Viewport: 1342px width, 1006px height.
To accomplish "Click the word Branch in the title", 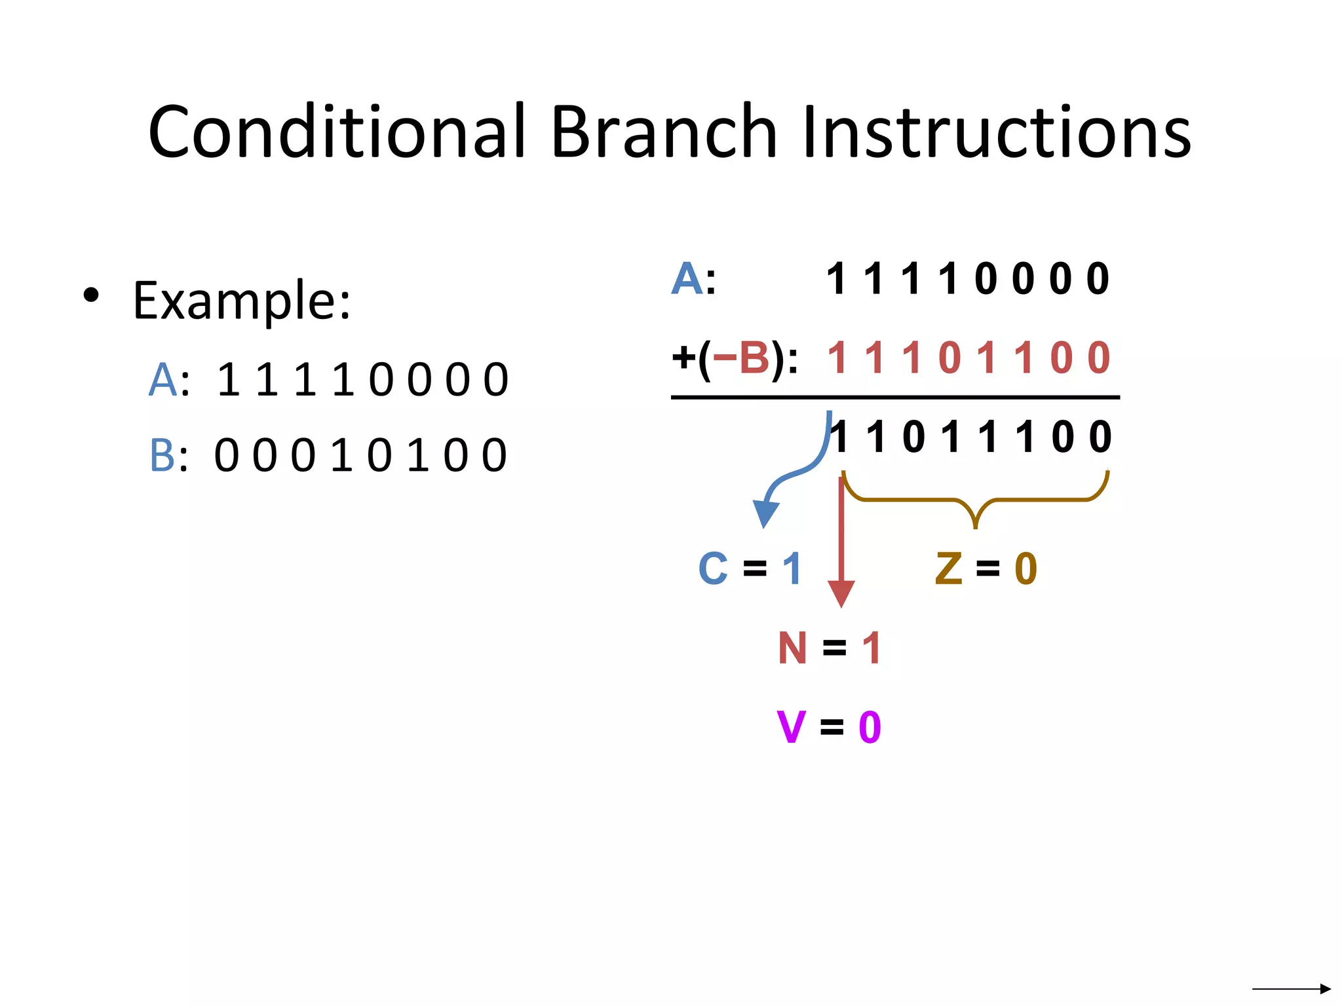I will [x=663, y=133].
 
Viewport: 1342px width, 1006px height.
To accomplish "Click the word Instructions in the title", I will [x=996, y=133].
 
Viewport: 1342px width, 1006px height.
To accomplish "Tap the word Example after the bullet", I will [x=241, y=301].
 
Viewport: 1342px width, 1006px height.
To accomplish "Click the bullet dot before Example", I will [x=91, y=295].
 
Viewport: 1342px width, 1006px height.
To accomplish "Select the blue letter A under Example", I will [x=163, y=380].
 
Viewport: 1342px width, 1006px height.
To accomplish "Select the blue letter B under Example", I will [x=163, y=456].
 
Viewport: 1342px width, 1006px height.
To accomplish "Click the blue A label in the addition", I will [x=687, y=279].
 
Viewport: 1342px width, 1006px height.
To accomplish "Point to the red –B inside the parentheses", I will [x=741, y=358].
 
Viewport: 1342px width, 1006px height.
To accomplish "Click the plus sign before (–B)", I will [x=683, y=358].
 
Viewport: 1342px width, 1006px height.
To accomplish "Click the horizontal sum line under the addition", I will [x=894, y=397].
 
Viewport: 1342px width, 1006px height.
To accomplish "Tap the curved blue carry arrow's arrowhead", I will [x=765, y=513].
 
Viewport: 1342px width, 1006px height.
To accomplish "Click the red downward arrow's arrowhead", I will [x=841, y=593].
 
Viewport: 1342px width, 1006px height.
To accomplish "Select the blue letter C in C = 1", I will [x=713, y=568].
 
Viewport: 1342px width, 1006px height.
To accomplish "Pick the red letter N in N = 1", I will [x=792, y=648].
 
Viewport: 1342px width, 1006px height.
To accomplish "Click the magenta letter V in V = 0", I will [x=791, y=727].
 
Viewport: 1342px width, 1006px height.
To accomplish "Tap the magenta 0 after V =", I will [x=870, y=727].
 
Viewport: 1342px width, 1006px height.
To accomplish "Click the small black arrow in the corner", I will [x=1291, y=988].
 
